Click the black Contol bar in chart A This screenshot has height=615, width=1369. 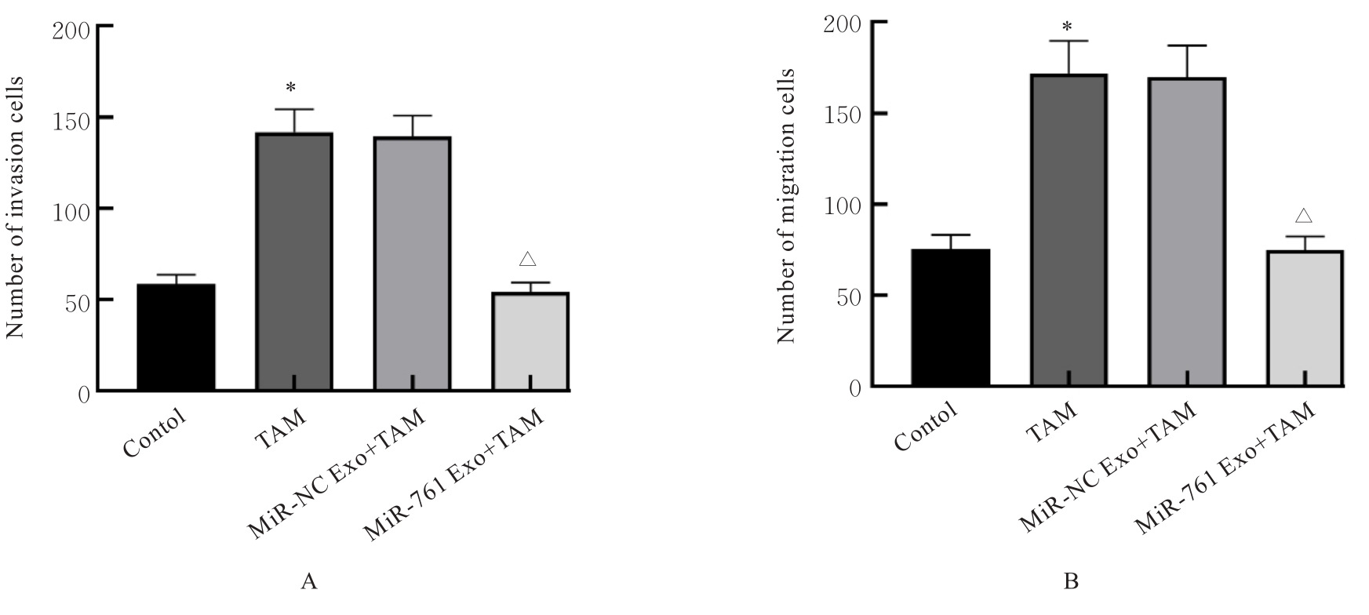pyautogui.click(x=176, y=337)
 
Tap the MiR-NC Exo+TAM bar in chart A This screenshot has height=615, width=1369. pyautogui.click(x=412, y=264)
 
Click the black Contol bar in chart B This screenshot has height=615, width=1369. pyautogui.click(x=950, y=318)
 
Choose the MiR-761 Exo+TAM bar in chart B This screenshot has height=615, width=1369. pyautogui.click(x=1305, y=318)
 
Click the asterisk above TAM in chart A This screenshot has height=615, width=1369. pyautogui.click(x=291, y=87)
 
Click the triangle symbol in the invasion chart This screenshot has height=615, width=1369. pyautogui.click(x=527, y=258)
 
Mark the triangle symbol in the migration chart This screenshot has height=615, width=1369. pyautogui.click(x=1304, y=215)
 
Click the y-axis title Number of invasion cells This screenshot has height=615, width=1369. pyautogui.click(x=16, y=207)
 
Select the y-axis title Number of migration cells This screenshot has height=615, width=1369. pyautogui.click(x=787, y=206)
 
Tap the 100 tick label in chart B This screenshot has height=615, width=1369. pyautogui.click(x=843, y=205)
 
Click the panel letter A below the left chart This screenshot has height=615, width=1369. pyautogui.click(x=309, y=582)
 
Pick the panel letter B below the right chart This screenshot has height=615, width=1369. pyautogui.click(x=1071, y=582)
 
